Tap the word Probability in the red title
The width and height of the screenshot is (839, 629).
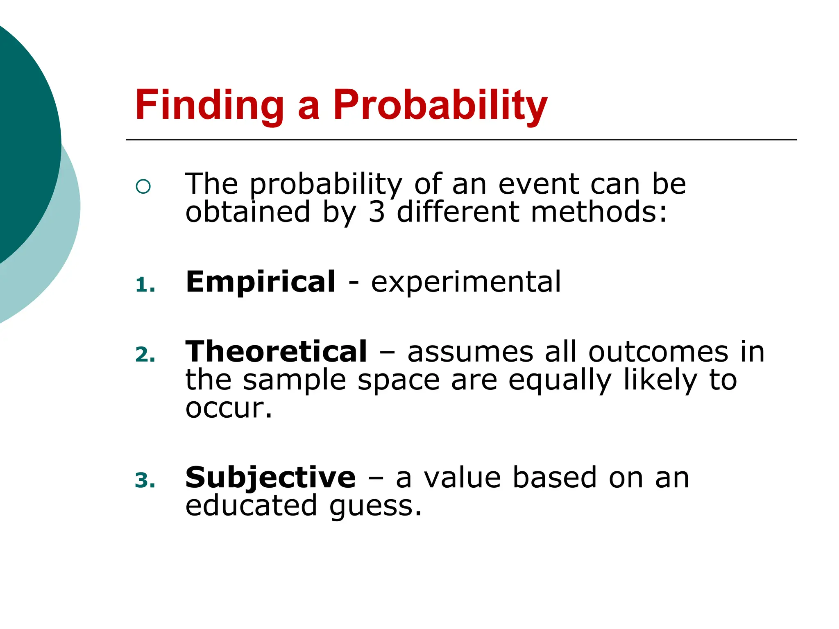440,105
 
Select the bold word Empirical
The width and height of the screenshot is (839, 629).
261,282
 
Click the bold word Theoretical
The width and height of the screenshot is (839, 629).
276,352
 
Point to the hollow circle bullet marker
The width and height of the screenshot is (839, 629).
143,187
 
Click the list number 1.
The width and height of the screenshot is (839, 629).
144,285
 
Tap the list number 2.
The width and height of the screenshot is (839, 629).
145,355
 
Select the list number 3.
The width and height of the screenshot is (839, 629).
145,480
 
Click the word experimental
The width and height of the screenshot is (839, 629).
466,282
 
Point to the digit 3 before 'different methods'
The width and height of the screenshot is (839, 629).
376,212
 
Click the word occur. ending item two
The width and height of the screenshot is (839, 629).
229,408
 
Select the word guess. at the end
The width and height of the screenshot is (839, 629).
375,507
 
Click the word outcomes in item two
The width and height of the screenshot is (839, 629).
658,352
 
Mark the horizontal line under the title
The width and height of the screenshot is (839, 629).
461,140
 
